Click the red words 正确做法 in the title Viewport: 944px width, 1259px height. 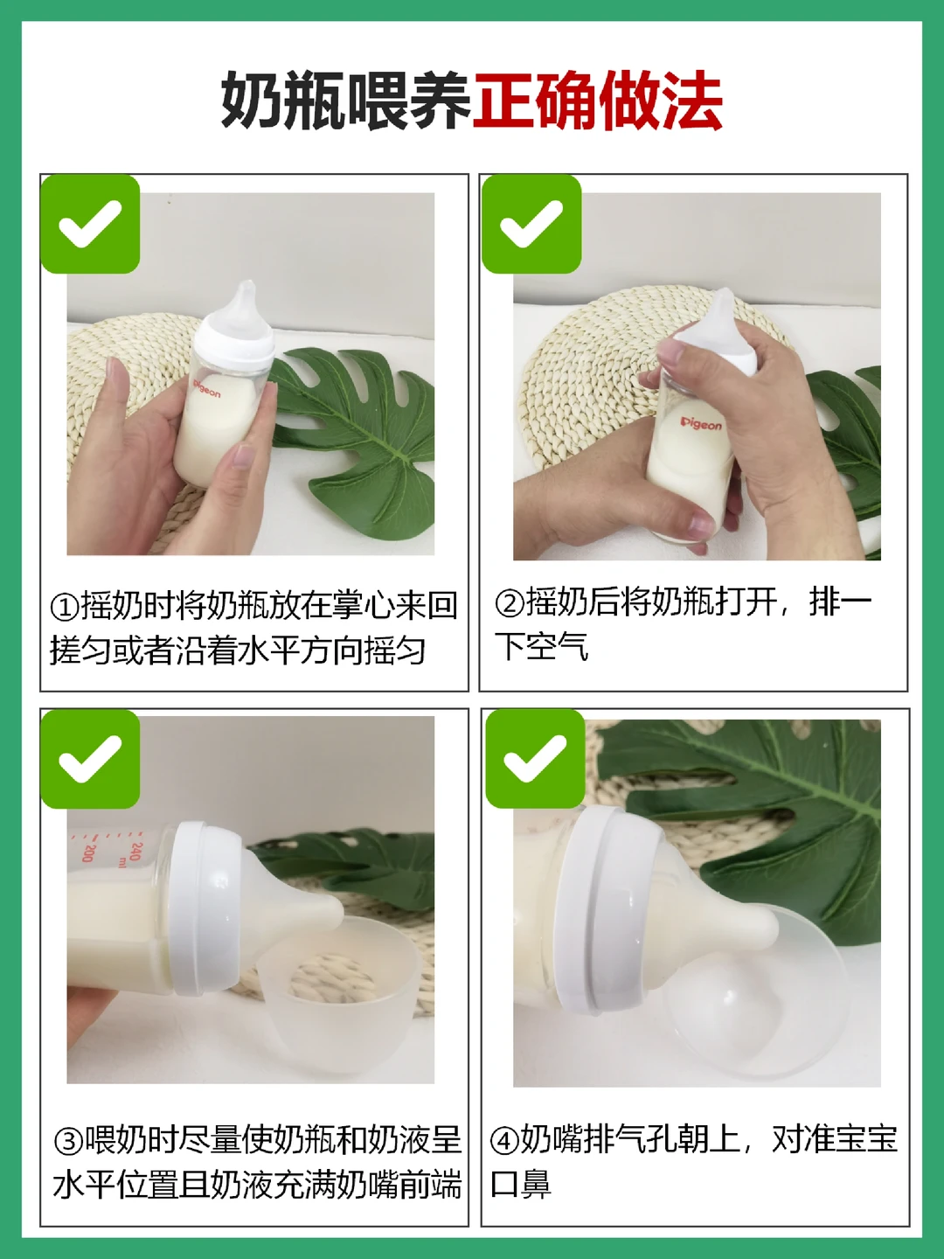597,101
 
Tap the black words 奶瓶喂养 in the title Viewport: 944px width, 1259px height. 346,101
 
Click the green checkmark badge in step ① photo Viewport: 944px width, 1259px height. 90,224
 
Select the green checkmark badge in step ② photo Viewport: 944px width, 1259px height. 531,224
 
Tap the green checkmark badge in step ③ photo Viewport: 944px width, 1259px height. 90,759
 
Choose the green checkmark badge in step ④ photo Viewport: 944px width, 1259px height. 535,759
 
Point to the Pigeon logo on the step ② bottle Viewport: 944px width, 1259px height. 701,424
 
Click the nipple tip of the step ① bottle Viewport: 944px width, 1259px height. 248,285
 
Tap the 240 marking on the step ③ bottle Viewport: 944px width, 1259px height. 135,852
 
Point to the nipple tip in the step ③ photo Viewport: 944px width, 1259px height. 337,911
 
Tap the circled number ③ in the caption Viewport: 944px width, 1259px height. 68,1142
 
